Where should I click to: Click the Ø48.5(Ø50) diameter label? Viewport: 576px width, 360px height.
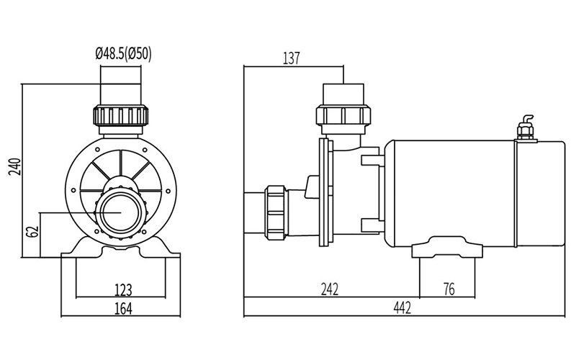123,53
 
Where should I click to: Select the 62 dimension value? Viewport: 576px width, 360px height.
32,233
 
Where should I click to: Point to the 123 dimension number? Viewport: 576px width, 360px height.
123,290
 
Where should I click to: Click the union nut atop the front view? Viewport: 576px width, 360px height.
121,115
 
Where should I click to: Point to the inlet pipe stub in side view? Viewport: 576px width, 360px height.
255,212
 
